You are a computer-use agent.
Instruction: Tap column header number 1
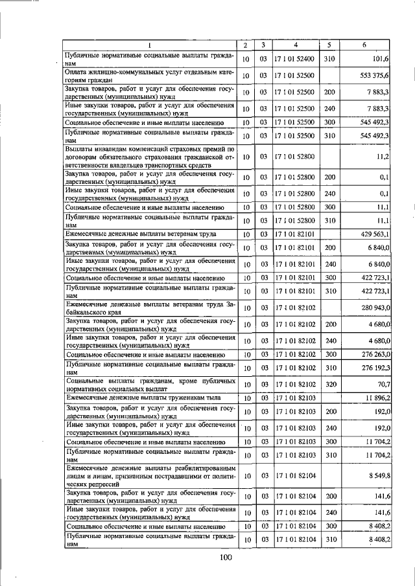[149, 45]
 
